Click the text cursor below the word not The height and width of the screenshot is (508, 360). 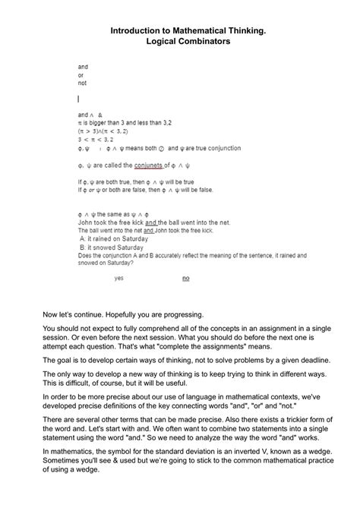78,99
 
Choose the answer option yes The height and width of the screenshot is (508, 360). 119,278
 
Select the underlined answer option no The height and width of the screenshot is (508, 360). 186,278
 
